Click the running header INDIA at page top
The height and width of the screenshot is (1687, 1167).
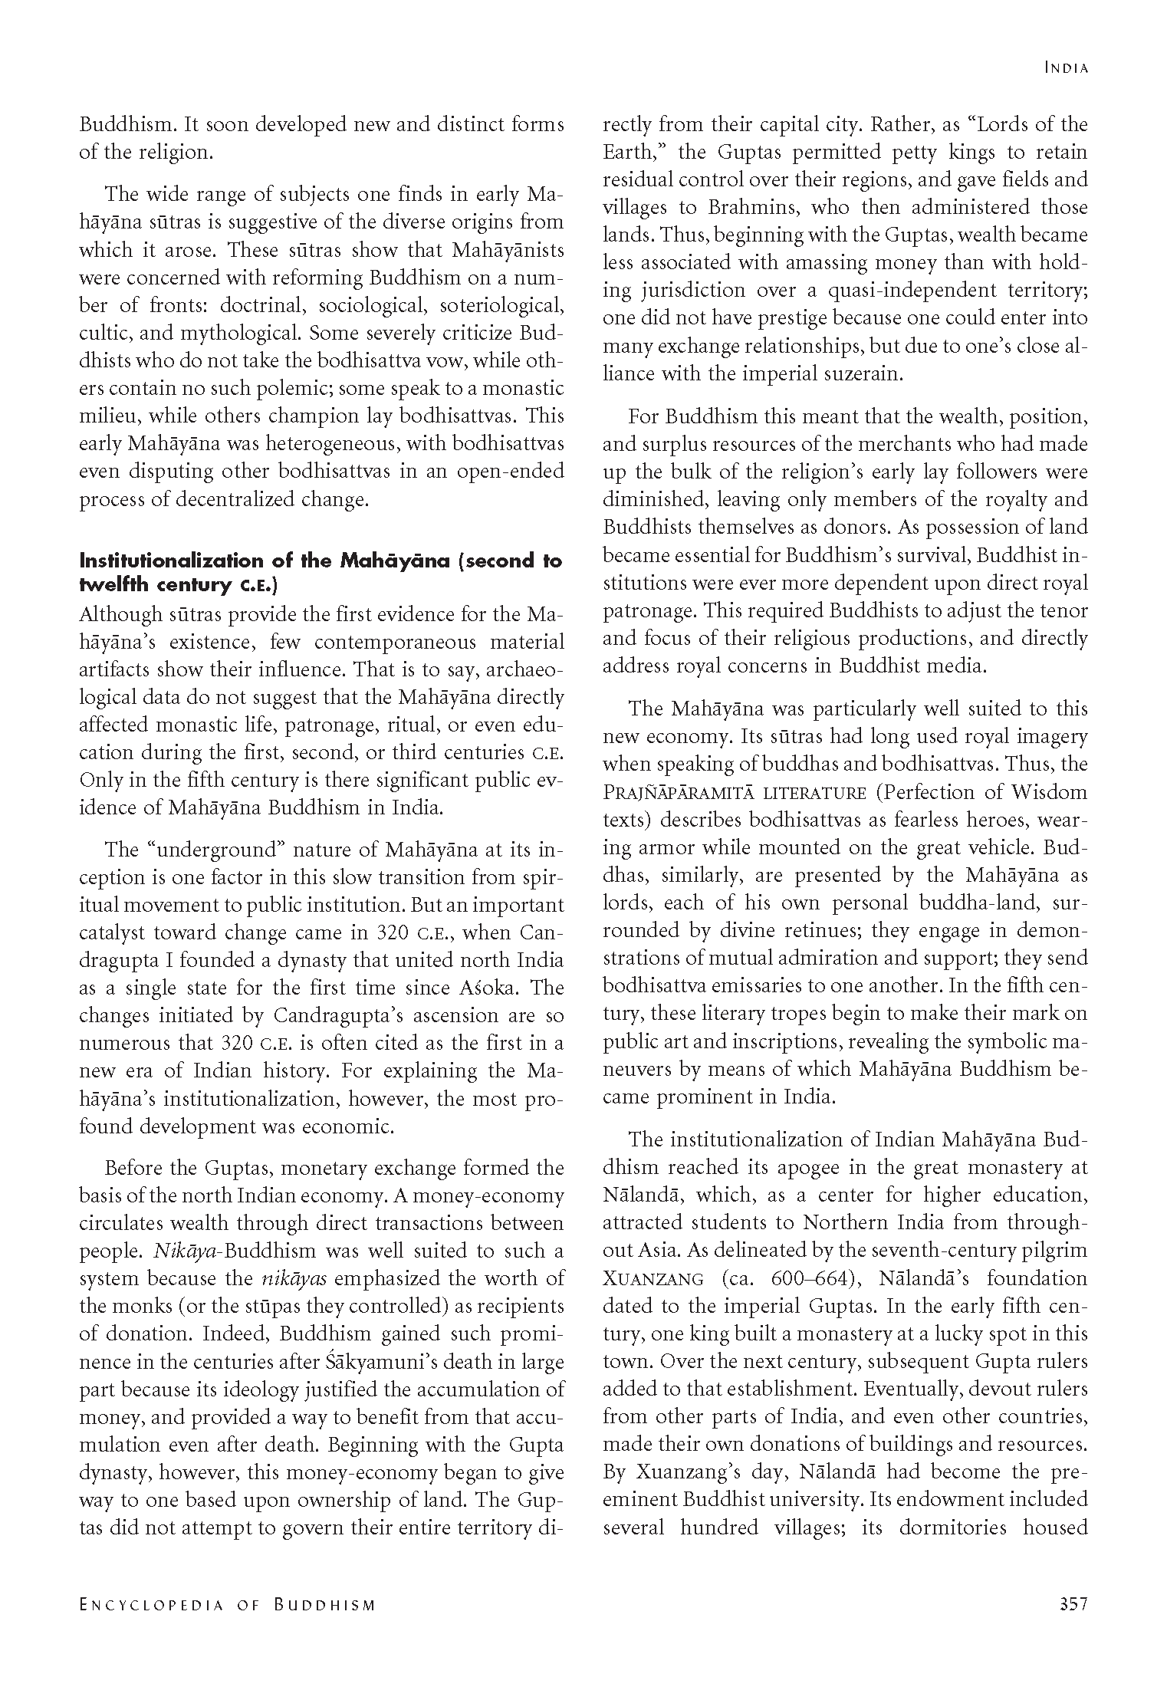click(1066, 68)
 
